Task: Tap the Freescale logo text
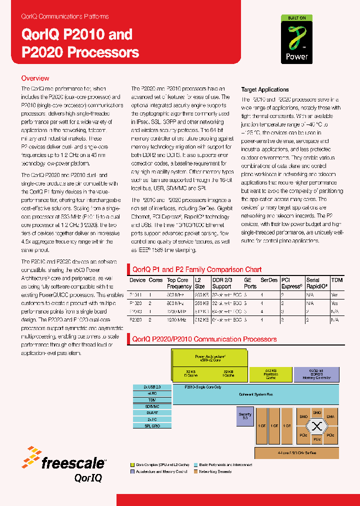73,463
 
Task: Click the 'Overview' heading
35,78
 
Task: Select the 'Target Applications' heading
265,89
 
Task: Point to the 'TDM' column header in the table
337,280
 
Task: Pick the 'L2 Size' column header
200,283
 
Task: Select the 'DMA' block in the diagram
330,416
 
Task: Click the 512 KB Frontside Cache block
270,374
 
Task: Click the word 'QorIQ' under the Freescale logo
88,477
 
